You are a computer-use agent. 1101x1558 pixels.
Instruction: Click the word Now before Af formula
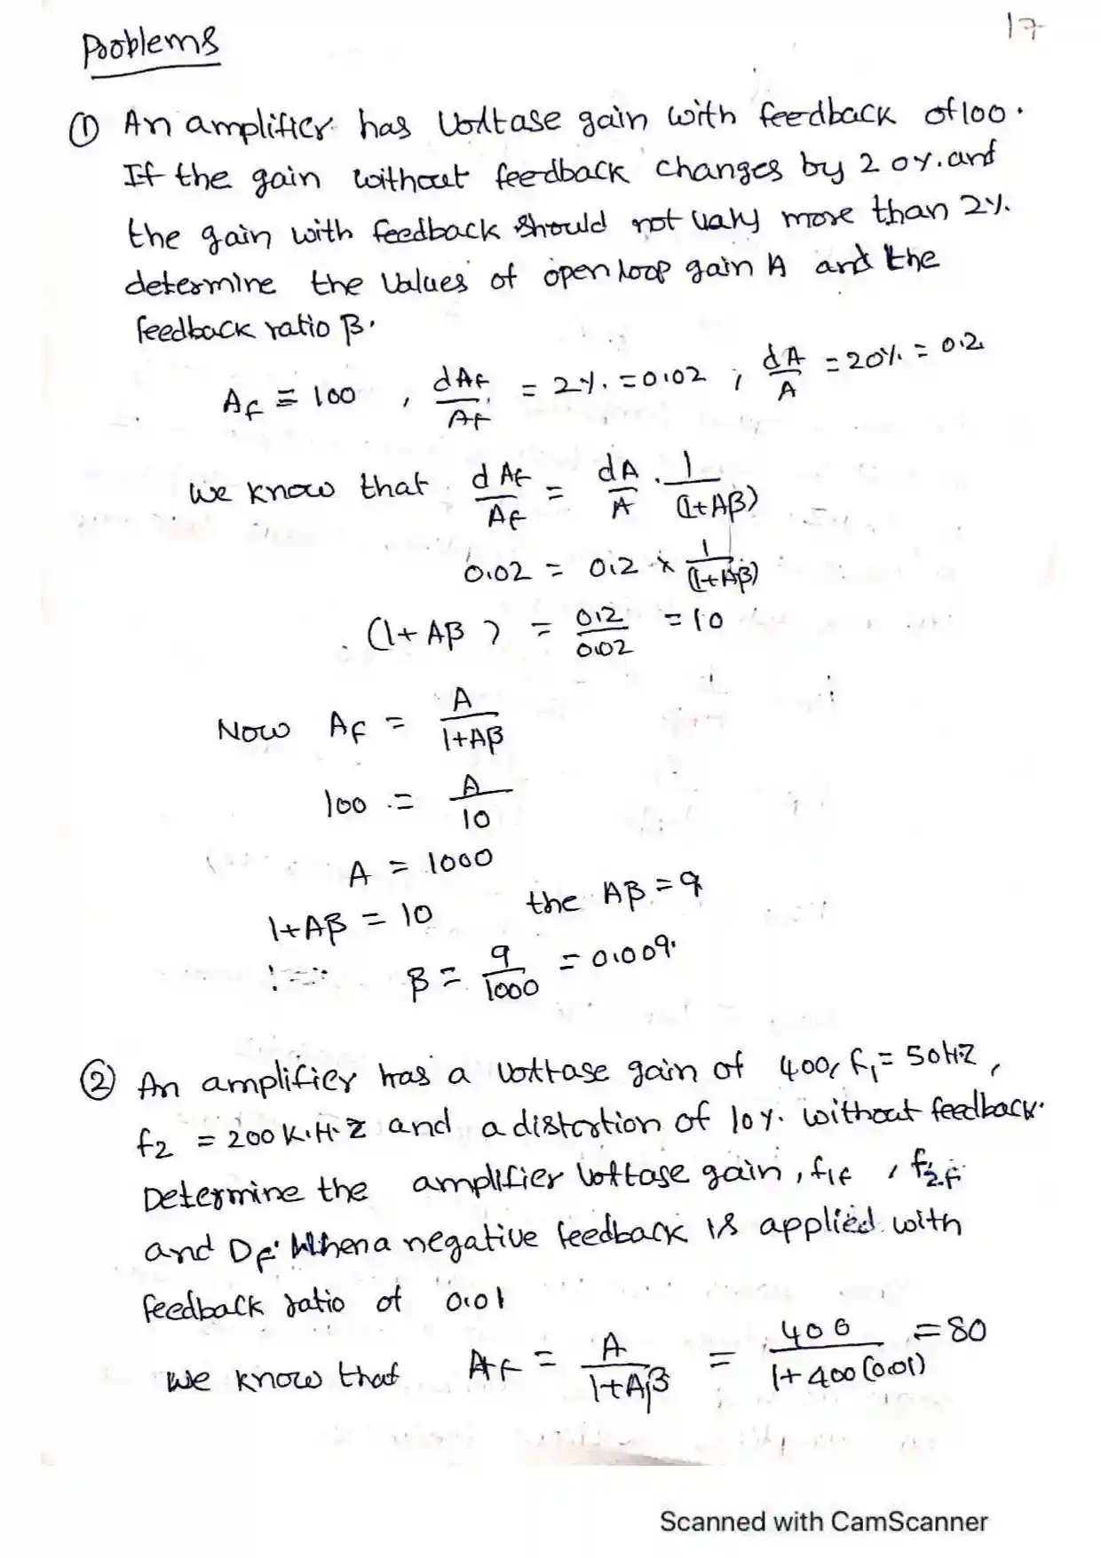(x=253, y=731)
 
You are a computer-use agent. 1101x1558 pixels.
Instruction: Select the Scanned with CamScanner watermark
(x=823, y=1521)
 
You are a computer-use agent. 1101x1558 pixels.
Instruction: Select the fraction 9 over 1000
(x=511, y=973)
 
